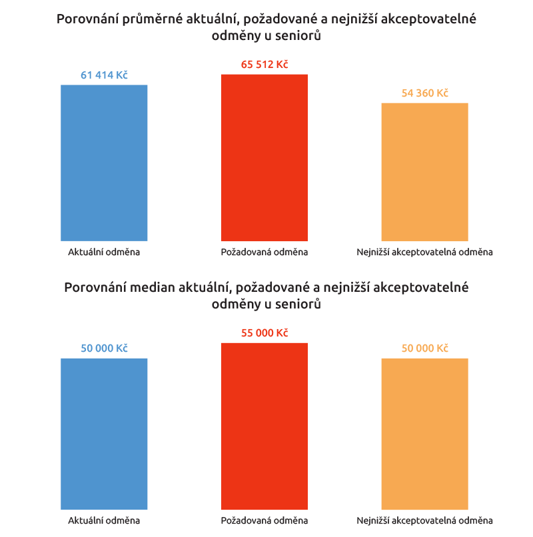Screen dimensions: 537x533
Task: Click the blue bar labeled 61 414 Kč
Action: coord(104,163)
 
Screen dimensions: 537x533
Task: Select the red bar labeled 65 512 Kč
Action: coord(265,157)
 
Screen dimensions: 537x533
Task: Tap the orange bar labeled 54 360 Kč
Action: coord(424,172)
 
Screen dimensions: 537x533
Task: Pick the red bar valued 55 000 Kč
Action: coord(265,426)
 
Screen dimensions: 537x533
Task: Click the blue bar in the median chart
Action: coord(104,434)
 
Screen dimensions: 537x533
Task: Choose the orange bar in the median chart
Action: coord(424,434)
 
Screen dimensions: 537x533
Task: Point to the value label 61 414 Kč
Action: coord(104,75)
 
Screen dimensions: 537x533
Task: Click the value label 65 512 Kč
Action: coord(265,65)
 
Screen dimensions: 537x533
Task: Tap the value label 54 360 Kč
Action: coord(424,93)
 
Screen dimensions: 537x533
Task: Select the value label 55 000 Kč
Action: coord(265,333)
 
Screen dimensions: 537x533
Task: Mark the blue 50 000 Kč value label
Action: coord(104,348)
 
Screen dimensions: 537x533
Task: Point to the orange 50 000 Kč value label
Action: coord(424,348)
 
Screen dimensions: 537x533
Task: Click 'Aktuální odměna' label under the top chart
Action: coord(104,253)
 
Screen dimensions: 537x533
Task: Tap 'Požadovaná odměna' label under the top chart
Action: coord(265,253)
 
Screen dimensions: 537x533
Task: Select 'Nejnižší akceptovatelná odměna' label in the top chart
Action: coord(424,253)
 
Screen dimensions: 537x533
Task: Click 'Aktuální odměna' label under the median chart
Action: coord(104,520)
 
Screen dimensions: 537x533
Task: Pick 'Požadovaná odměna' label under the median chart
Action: coord(265,520)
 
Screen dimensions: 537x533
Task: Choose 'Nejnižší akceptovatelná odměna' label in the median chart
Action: coord(424,520)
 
